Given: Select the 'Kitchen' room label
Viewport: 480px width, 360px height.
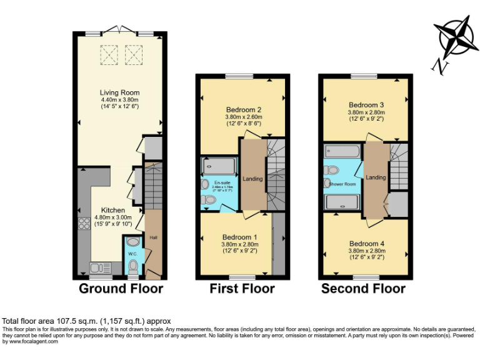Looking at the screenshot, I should [113, 210].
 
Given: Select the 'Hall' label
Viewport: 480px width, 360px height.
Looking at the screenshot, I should [153, 237].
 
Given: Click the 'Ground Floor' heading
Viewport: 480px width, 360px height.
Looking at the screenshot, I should [121, 289].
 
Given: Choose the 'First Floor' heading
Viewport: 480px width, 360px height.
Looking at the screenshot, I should [242, 289].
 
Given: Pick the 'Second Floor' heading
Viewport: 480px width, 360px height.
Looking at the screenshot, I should [363, 289].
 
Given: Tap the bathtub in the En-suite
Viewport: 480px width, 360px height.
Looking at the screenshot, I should [219, 166].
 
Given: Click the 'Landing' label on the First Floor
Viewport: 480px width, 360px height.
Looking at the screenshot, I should [253, 179].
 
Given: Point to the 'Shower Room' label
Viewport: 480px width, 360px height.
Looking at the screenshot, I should [342, 184].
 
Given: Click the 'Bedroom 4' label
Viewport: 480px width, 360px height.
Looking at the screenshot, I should [366, 243].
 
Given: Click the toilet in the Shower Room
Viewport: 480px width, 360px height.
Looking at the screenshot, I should [332, 169].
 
